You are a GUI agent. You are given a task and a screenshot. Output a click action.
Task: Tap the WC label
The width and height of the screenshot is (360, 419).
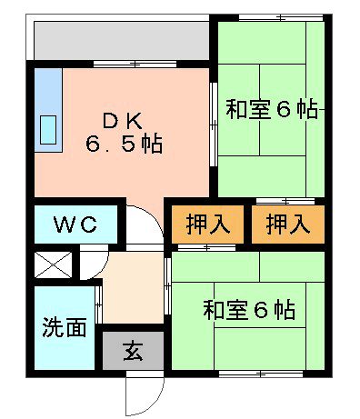(75, 224)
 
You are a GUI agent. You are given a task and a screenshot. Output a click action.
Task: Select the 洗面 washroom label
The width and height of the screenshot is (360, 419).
(65, 327)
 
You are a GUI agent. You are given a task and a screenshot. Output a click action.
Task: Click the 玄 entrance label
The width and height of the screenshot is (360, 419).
(133, 351)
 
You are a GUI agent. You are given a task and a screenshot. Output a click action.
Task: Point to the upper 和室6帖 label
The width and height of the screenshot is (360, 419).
(272, 109)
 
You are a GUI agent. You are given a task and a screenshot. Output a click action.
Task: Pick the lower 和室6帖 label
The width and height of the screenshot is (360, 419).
(249, 310)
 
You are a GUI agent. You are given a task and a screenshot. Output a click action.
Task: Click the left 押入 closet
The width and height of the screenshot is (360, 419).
(208, 224)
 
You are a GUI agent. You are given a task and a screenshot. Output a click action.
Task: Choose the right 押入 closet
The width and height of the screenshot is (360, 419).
(288, 224)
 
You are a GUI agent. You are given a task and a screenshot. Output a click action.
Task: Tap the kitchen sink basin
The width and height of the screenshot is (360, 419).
(48, 130)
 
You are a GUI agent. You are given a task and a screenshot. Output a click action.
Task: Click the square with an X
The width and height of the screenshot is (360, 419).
(54, 264)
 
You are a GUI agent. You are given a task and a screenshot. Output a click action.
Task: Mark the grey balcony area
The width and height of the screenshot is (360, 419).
(122, 41)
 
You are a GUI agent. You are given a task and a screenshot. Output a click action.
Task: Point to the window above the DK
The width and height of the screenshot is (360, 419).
(135, 64)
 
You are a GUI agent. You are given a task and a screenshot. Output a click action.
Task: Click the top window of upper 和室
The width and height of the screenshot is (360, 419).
(281, 18)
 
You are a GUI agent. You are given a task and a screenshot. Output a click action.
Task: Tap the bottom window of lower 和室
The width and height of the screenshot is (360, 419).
(261, 374)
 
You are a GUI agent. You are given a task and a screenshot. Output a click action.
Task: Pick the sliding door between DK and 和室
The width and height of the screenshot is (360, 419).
(214, 125)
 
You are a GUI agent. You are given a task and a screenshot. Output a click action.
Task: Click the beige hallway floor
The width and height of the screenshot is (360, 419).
(134, 288)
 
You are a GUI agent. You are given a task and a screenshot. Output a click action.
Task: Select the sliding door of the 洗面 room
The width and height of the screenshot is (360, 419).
(98, 305)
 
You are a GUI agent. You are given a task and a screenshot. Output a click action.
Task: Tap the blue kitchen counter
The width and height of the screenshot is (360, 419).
(48, 110)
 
